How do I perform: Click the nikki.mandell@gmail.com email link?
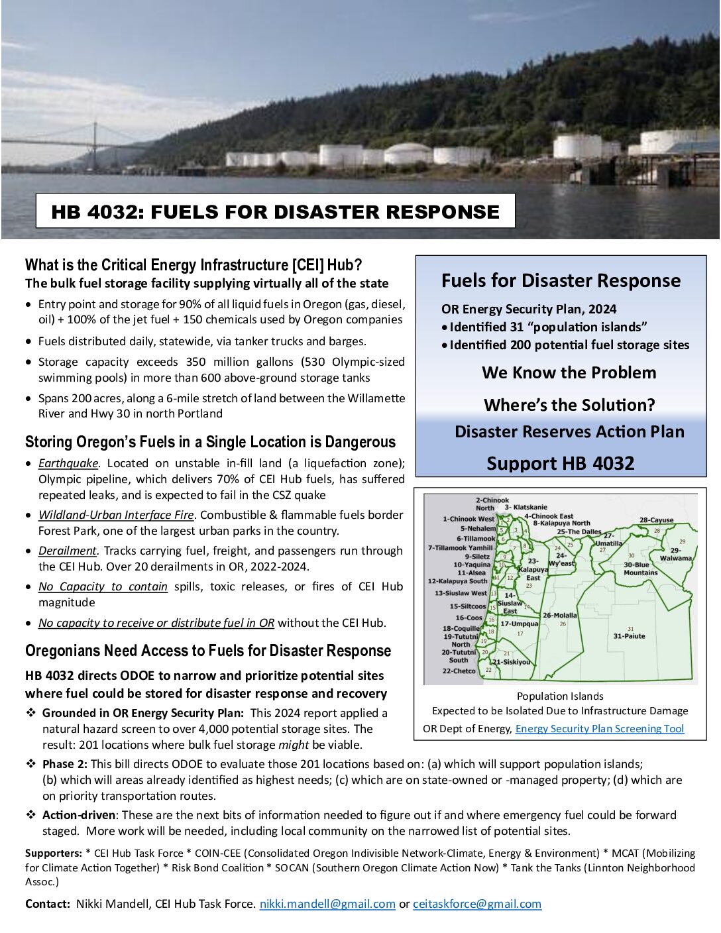point(327,904)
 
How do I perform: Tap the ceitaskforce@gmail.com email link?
point(476,904)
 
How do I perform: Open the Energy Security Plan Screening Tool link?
point(599,729)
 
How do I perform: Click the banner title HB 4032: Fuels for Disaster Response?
point(275,211)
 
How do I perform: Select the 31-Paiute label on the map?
point(629,636)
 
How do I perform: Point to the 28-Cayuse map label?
point(656,521)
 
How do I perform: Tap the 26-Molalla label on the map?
point(559,616)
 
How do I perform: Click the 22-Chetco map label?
point(459,671)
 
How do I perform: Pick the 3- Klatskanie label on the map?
point(526,508)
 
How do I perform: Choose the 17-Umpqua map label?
point(519,624)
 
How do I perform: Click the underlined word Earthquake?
point(68,463)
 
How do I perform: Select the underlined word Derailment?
point(68,551)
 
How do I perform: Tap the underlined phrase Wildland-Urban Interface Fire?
point(116,515)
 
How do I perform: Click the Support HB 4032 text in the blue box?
point(560,463)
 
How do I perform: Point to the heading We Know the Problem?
point(569,372)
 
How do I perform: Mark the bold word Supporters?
point(53,853)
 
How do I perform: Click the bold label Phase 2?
point(64,764)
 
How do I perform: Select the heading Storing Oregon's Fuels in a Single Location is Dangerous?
point(210,442)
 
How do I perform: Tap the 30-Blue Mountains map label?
point(640,569)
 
